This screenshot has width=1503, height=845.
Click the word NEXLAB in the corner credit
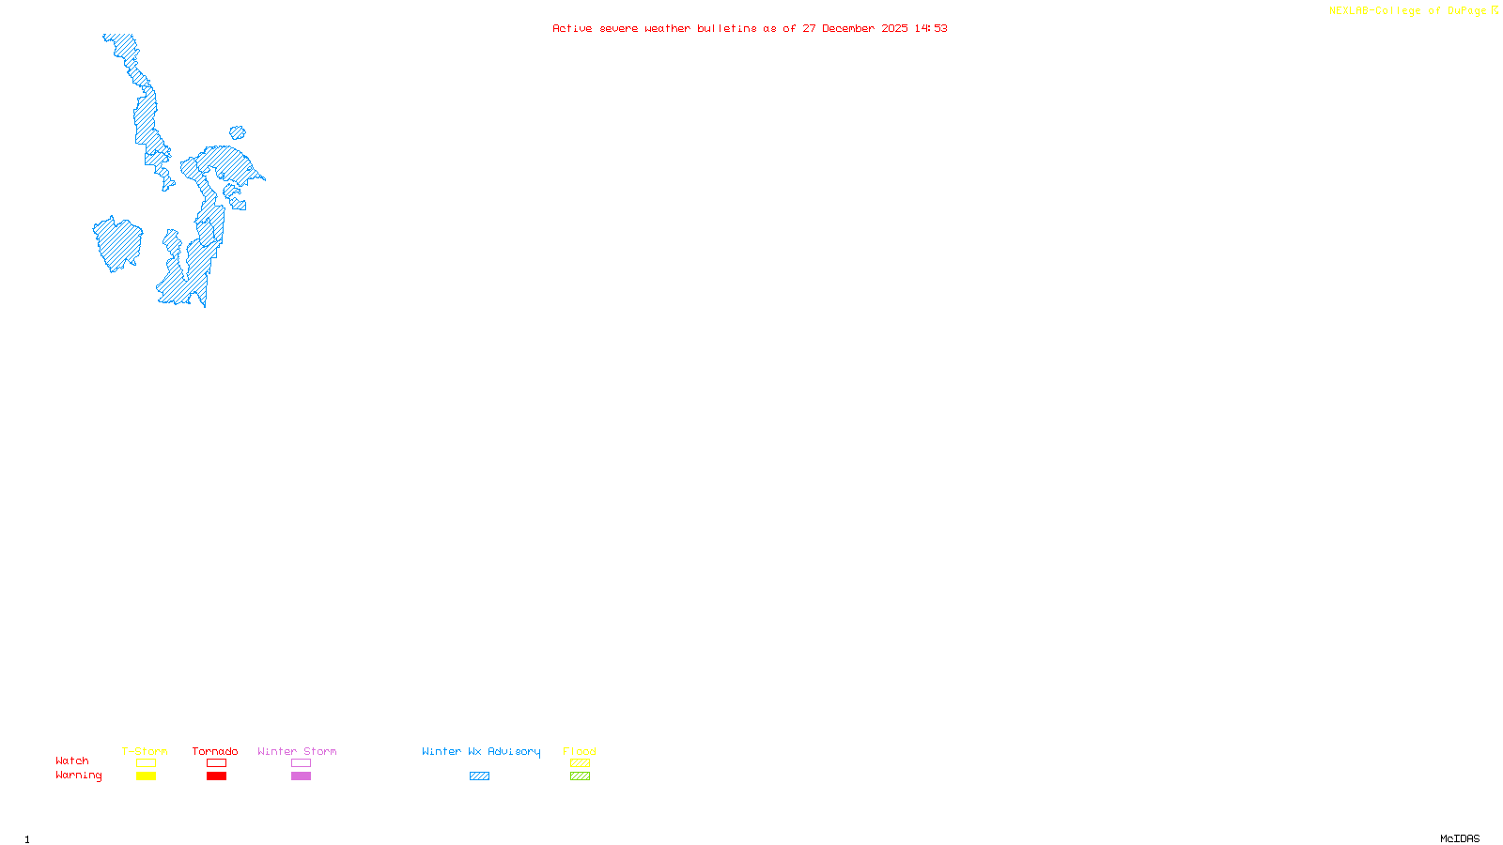coord(1349,11)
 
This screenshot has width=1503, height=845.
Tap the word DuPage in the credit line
coord(1466,11)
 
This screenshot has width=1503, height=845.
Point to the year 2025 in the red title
coord(895,28)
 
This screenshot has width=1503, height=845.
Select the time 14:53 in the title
coord(931,28)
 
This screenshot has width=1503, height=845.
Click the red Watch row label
coord(72,760)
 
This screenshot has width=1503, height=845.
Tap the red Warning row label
coord(79,776)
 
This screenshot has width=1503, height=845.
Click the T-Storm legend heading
coord(145,751)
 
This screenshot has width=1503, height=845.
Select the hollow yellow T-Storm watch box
coord(146,763)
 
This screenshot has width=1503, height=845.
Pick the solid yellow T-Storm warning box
coord(146,776)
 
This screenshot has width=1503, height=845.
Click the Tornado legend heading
coord(215,751)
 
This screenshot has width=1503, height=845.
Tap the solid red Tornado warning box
coord(217,776)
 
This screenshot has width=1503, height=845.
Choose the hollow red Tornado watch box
coord(217,763)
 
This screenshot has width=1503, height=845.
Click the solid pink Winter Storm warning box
coord(301,776)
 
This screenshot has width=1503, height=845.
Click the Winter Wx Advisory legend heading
coord(481,751)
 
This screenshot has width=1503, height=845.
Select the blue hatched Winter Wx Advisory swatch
coord(479,776)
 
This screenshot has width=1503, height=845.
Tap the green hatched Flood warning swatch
coord(581,776)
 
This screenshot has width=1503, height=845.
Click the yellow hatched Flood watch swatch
coord(581,763)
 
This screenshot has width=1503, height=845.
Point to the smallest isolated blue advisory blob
coord(238,133)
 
